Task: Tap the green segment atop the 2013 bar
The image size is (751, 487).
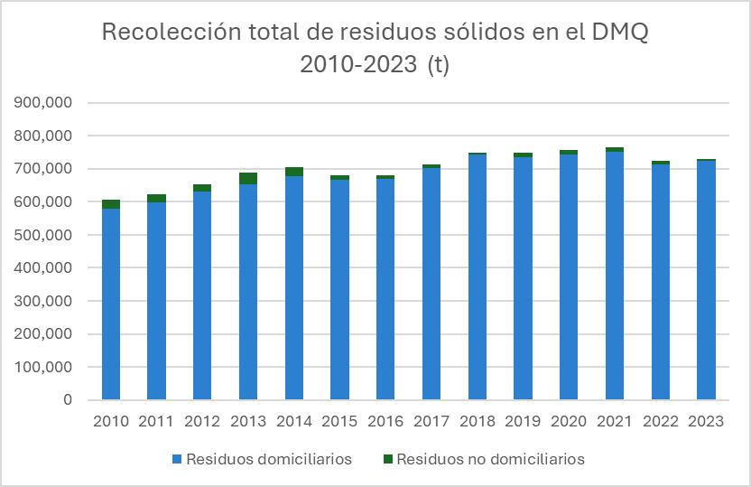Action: point(248,178)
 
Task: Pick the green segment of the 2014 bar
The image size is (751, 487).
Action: point(294,172)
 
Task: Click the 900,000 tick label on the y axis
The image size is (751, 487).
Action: point(44,103)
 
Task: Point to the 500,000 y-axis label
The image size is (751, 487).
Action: point(44,235)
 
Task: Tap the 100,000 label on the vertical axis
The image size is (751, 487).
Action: point(44,368)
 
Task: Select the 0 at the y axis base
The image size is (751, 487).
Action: point(68,400)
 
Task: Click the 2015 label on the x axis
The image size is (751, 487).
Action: point(339,422)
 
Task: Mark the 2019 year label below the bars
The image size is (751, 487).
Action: point(523,422)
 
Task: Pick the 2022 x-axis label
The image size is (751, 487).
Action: point(661,422)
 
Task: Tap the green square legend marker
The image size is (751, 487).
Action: point(388,460)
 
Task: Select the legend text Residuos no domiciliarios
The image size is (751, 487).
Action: point(490,459)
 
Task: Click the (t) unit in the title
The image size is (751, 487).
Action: point(437,65)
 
